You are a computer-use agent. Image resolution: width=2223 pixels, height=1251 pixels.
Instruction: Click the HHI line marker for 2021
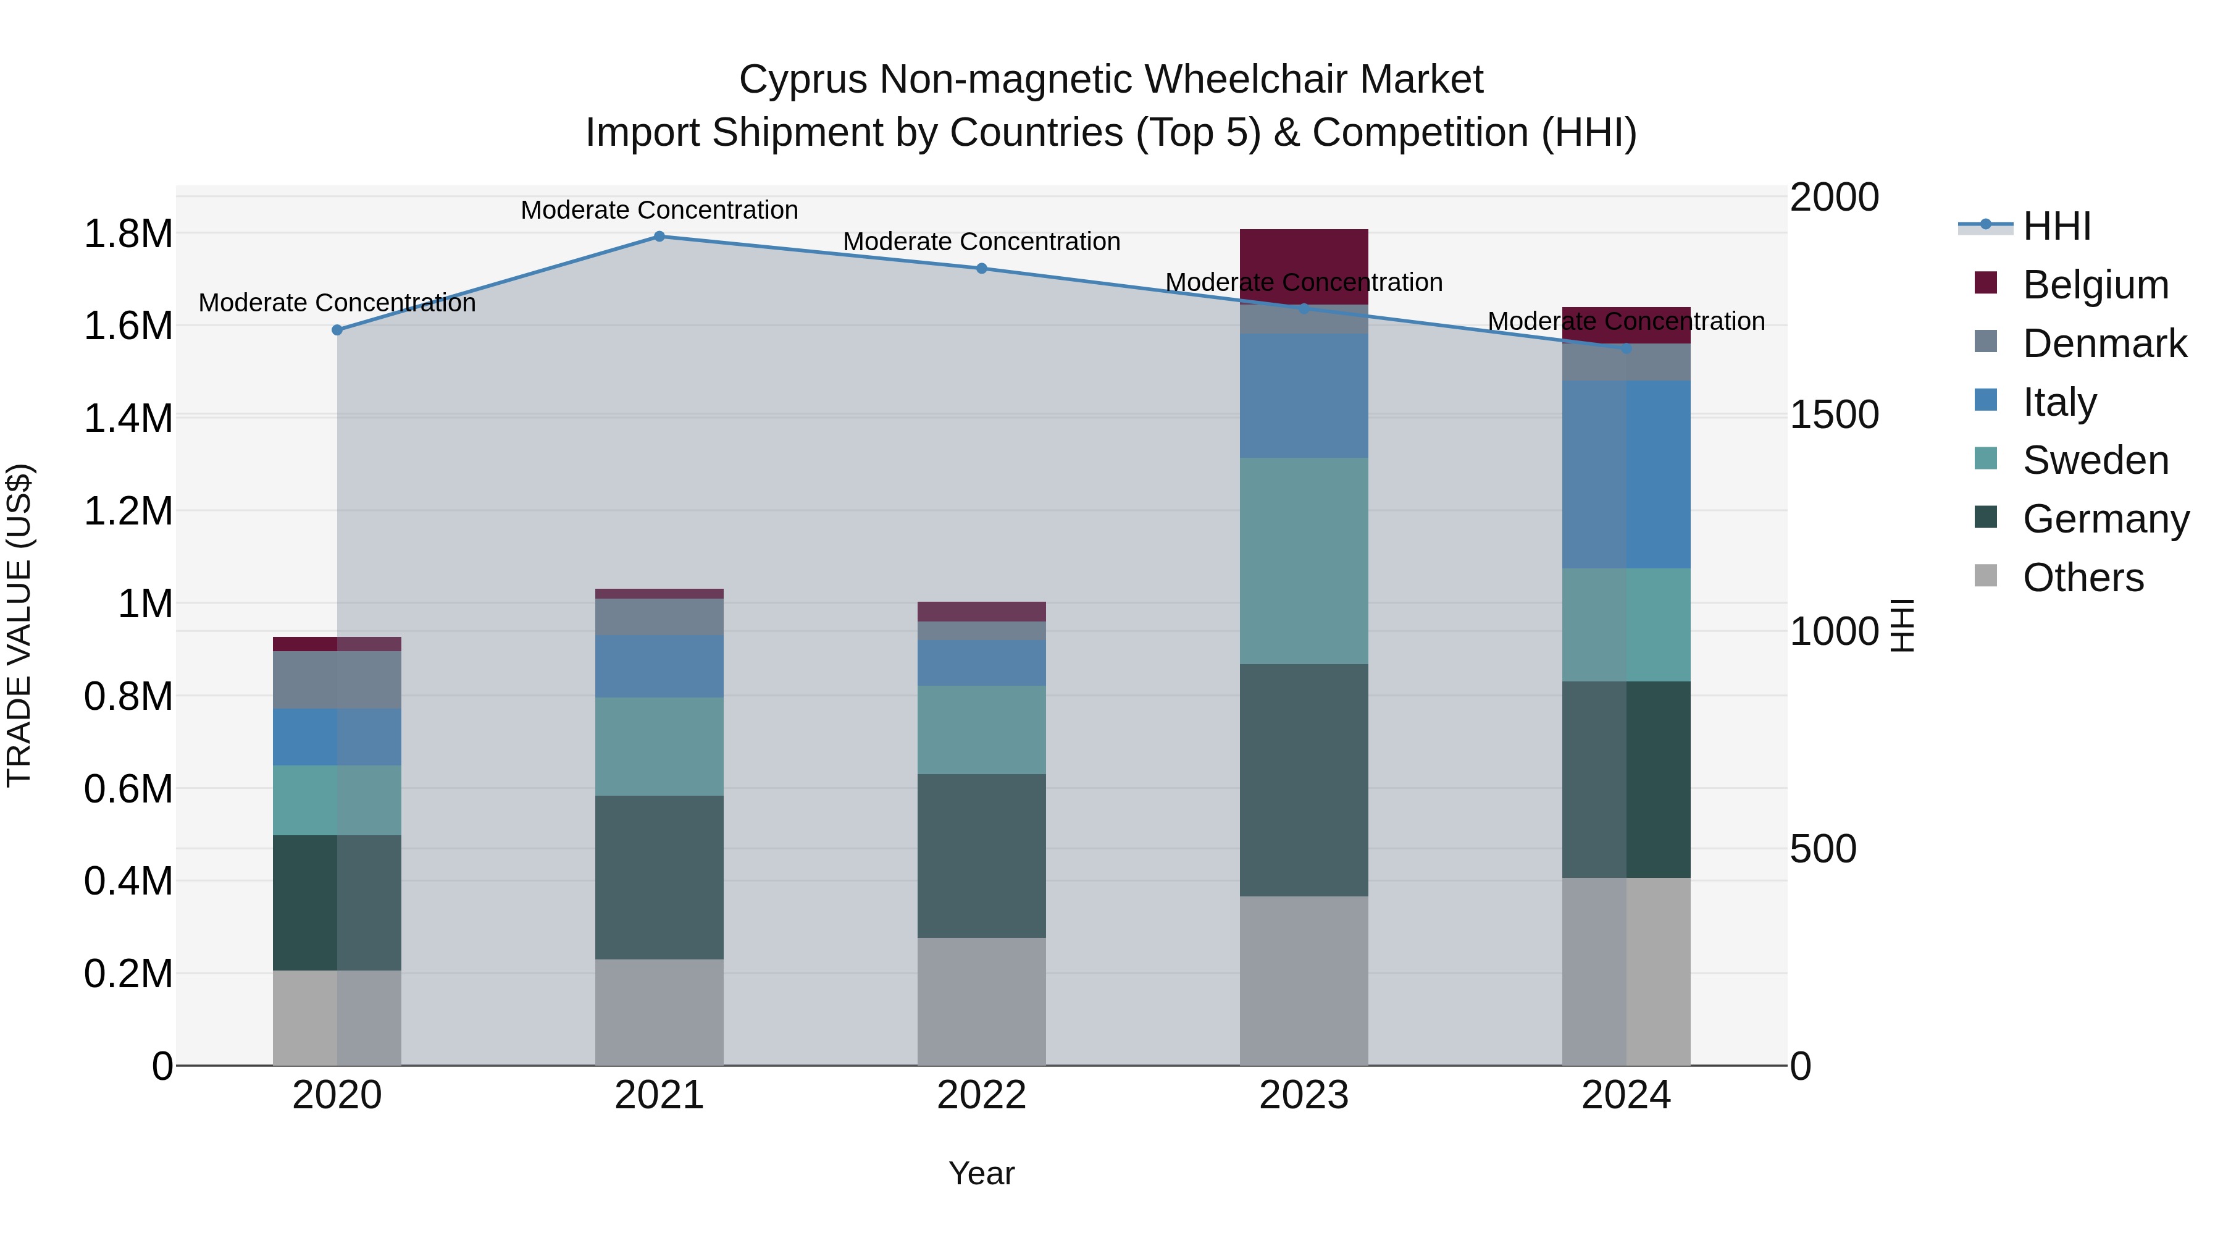coord(659,237)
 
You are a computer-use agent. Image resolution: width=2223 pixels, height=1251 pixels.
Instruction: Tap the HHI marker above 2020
coord(337,330)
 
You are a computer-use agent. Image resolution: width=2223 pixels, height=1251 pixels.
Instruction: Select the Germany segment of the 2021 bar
coord(659,877)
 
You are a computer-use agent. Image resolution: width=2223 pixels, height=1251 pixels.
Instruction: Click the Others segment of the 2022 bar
coord(981,1001)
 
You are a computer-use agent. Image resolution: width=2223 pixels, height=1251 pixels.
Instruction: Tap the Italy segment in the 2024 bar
coord(1626,475)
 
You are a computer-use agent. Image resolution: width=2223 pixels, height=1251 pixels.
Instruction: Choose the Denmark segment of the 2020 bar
coord(337,680)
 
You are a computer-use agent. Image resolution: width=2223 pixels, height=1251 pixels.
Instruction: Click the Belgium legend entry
coord(2095,285)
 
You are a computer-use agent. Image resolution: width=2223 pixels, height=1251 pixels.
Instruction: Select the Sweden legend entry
coord(2095,460)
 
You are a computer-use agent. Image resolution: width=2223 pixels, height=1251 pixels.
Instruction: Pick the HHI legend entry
coord(2056,226)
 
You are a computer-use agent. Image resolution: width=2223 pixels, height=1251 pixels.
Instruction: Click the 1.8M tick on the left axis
coord(128,234)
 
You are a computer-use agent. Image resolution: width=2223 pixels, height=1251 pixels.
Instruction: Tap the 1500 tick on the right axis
coord(1834,415)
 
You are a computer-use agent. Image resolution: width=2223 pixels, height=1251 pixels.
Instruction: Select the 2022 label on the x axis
coord(981,1095)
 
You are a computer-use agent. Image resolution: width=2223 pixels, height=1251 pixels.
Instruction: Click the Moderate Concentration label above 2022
coord(981,242)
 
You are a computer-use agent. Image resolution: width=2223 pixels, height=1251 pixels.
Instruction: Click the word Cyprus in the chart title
coord(803,80)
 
